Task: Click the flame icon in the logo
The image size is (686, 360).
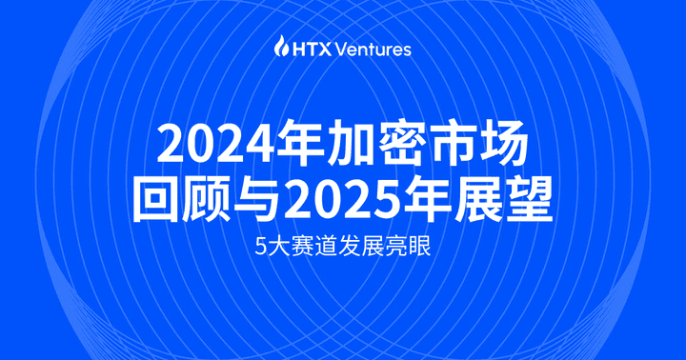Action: (280, 47)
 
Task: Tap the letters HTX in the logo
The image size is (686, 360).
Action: (310, 48)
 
